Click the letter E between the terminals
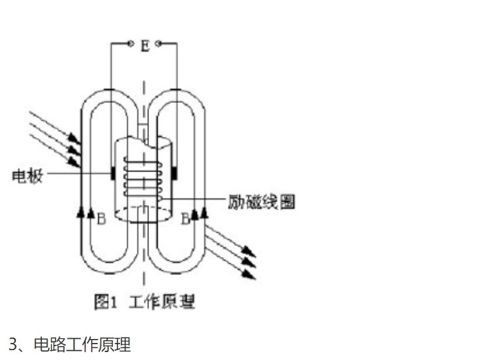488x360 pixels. coord(145,45)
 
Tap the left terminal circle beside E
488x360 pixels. coord(131,44)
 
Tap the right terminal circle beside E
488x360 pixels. coord(158,44)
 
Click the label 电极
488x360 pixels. coord(27,176)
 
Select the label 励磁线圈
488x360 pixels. coord(261,202)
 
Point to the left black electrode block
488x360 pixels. coord(113,173)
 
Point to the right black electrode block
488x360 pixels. coord(175,173)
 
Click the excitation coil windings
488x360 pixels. coord(143,179)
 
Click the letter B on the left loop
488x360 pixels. coord(102,219)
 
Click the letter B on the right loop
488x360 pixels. coord(185,219)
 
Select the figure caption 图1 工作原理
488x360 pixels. coord(144,302)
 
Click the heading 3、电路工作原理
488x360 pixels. coord(70,344)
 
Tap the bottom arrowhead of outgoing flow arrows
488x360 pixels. coord(249,274)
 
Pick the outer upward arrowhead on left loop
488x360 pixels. coord(81,212)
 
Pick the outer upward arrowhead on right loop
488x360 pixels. coord(204,212)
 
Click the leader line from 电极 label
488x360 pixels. coord(78,173)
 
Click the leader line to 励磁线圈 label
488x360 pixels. coord(193,198)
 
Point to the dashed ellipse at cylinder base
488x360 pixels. coord(143,214)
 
